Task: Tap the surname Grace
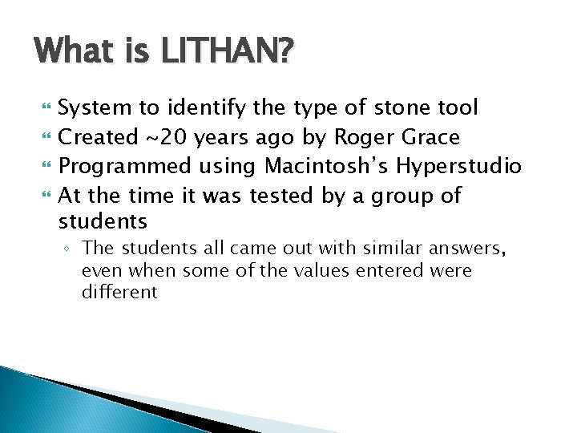coord(429,137)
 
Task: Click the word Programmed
coord(126,167)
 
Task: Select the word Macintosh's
coord(326,166)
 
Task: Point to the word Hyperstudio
coord(459,167)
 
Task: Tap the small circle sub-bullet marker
coord(70,249)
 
